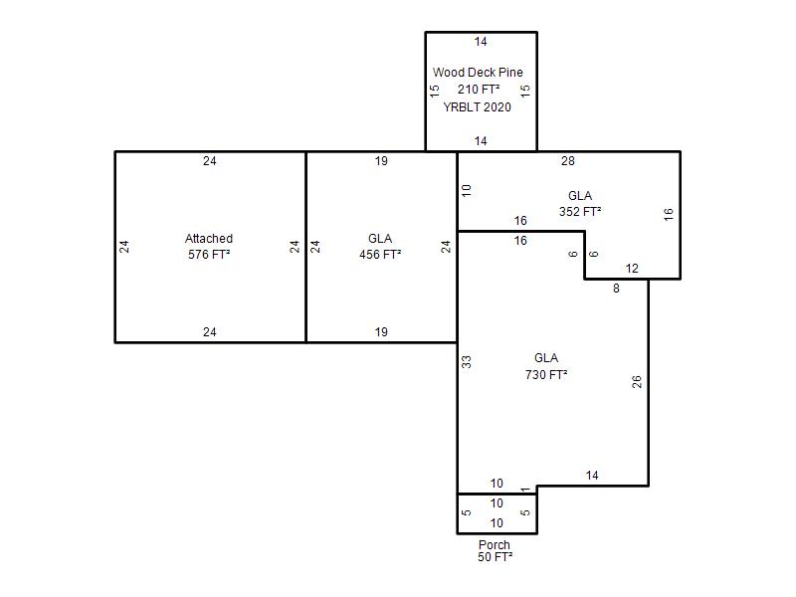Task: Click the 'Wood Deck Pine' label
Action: click(478, 73)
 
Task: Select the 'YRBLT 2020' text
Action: click(478, 107)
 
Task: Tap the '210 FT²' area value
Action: click(479, 90)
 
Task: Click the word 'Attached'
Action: click(209, 239)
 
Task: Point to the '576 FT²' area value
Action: click(209, 255)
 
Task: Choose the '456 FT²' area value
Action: click(380, 255)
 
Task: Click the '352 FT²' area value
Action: click(580, 212)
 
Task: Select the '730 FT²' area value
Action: click(545, 375)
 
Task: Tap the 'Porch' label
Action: click(494, 544)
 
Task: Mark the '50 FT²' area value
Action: click(495, 557)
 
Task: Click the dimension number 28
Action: click(568, 161)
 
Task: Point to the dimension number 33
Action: click(466, 362)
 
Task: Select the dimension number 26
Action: click(637, 382)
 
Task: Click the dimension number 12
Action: click(632, 269)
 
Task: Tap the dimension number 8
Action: click(616, 289)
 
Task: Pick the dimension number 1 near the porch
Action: click(525, 490)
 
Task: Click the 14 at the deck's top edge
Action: click(481, 42)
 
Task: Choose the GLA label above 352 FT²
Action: click(580, 196)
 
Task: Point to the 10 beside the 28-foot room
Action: click(466, 191)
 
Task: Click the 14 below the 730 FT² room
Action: click(592, 476)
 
